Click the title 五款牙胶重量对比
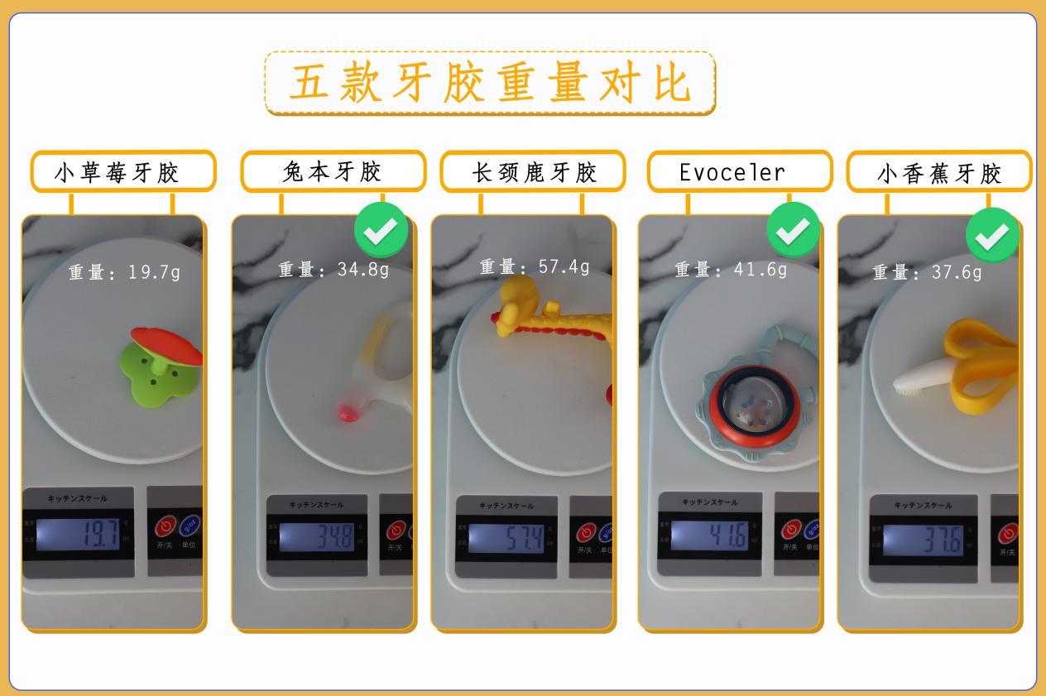tap(490, 83)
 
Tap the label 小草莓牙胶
tap(122, 172)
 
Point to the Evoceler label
tap(732, 172)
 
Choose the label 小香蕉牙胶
tap(939, 173)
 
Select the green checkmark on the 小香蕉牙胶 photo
tap(992, 235)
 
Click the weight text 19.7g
tap(153, 271)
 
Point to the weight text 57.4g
tap(564, 266)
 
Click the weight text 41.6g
tap(760, 269)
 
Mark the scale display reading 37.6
tap(924, 540)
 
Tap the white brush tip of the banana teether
tap(914, 377)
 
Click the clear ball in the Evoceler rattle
tap(751, 401)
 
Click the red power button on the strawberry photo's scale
tap(166, 526)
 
